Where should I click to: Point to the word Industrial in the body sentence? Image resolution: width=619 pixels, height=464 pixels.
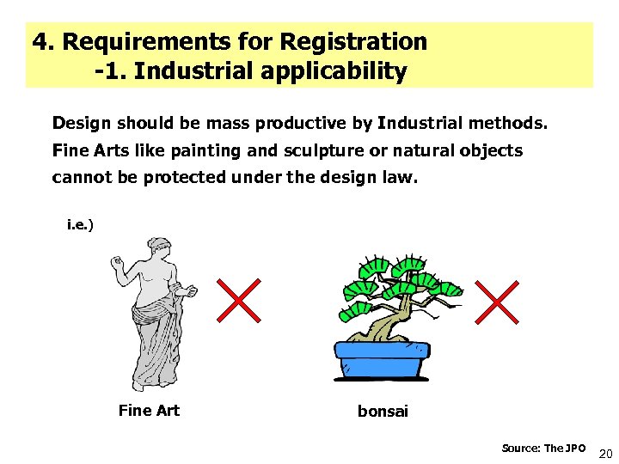(x=420, y=123)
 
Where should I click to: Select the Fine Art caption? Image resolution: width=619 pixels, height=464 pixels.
(x=149, y=411)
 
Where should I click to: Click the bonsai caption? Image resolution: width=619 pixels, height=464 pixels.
(x=383, y=412)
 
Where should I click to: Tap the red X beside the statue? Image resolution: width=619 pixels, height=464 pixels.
(x=237, y=300)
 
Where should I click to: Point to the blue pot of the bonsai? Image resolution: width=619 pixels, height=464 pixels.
(x=381, y=358)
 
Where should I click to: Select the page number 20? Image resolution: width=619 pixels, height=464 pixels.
(x=604, y=454)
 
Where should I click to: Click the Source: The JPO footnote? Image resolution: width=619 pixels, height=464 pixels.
(x=543, y=449)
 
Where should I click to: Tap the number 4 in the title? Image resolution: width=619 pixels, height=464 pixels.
(x=39, y=41)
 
